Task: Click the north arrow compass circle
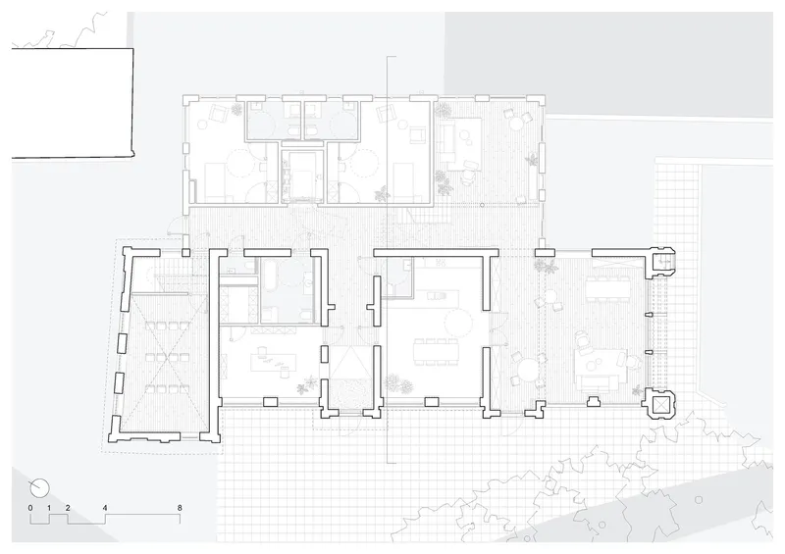tap(39, 487)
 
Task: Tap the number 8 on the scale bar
tap(180, 508)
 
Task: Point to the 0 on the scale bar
tap(30, 508)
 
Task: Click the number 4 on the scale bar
tap(105, 508)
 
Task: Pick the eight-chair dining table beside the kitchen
tap(435, 350)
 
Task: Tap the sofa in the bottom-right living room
tap(599, 383)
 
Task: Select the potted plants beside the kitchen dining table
tap(399, 383)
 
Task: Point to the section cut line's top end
tap(388, 57)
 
